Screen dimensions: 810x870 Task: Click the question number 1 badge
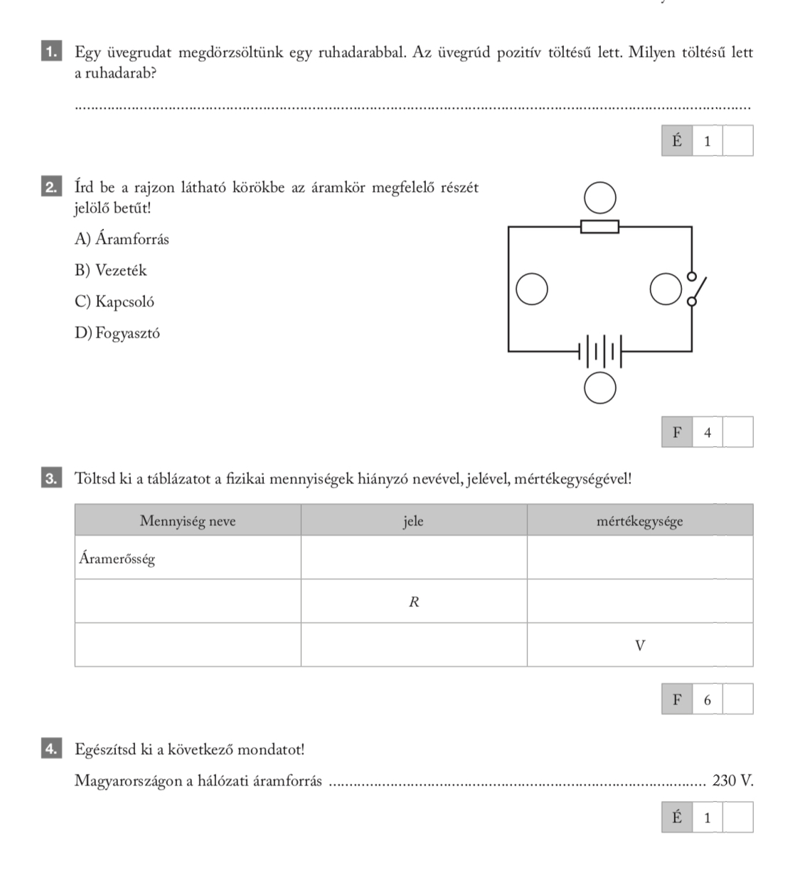[52, 50]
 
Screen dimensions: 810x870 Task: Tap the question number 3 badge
[52, 478]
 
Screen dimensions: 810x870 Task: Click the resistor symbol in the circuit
[599, 227]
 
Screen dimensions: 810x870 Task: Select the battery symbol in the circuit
[600, 351]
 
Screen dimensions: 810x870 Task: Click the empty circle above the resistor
[600, 198]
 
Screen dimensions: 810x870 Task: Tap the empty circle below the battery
[600, 388]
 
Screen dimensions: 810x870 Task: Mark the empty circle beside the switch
[666, 289]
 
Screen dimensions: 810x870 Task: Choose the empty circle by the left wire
[532, 289]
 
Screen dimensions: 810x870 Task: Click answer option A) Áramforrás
[122, 239]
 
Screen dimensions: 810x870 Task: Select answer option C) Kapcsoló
[114, 301]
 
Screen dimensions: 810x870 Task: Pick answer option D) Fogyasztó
[117, 333]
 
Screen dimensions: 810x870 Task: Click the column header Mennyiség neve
[188, 520]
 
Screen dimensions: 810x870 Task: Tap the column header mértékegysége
[640, 520]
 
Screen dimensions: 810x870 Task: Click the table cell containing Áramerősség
[188, 557]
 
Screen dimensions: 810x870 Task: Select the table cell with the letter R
[414, 601]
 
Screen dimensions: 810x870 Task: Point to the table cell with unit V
[640, 645]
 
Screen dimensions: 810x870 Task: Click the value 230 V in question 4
[732, 780]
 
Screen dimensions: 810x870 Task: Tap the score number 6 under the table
[708, 700]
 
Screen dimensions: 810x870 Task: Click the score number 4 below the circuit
[708, 432]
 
